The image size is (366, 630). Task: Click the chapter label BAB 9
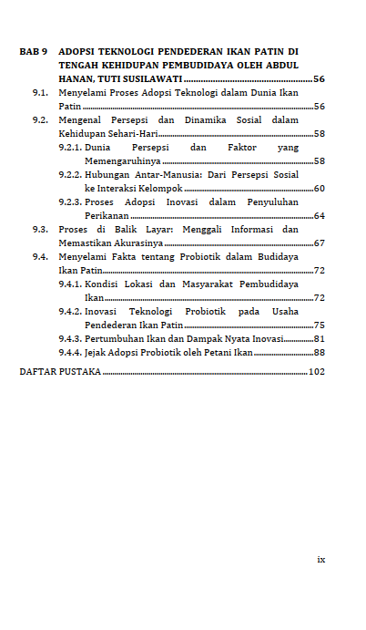click(x=33, y=52)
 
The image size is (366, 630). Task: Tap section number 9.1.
click(x=40, y=93)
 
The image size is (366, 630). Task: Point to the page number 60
click(x=319, y=188)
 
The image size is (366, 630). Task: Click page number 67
click(x=319, y=243)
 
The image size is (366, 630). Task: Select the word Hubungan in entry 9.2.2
click(x=107, y=174)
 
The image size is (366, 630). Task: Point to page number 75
click(x=319, y=325)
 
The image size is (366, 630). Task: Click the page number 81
click(x=319, y=338)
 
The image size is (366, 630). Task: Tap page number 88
click(x=319, y=352)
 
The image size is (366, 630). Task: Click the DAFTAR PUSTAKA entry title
click(x=60, y=372)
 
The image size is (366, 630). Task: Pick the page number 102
click(x=316, y=372)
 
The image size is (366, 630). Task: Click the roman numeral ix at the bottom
click(x=320, y=559)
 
